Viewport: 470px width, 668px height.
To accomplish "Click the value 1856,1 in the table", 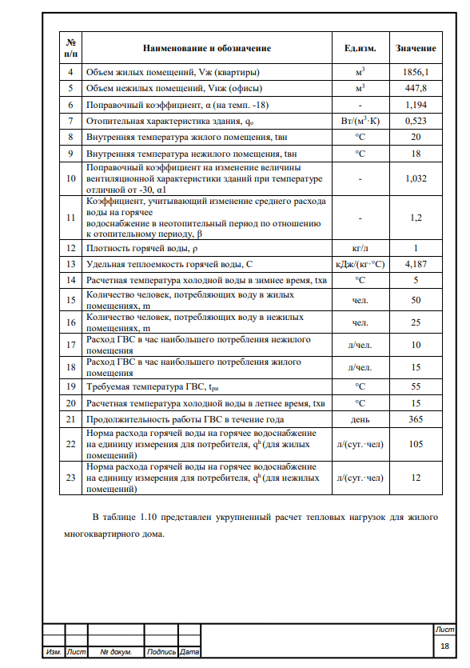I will tap(416, 71).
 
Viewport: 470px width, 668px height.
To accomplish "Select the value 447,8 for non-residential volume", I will tap(416, 88).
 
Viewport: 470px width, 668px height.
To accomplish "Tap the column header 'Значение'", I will tap(416, 48).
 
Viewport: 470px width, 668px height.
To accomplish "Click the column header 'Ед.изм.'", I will tap(360, 48).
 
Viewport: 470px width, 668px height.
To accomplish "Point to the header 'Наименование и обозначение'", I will tap(207, 48).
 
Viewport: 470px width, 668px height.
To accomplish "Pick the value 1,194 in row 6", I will tap(416, 105).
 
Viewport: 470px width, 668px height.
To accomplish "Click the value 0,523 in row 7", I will tap(416, 121).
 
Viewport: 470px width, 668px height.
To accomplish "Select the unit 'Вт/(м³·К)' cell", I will tap(360, 121).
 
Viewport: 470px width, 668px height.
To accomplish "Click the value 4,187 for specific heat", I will tap(416, 263).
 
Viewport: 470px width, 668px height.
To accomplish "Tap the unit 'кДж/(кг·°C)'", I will tap(360, 263).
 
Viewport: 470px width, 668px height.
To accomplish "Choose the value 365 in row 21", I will tap(416, 419).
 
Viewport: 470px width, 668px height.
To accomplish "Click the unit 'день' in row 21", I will tap(360, 419).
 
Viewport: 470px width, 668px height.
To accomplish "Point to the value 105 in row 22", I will tap(416, 444).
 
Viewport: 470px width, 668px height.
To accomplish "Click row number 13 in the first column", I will tap(70, 263).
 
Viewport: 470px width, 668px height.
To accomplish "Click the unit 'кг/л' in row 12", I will tap(360, 247).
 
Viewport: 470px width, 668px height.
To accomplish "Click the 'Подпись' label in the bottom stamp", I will tap(161, 653).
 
